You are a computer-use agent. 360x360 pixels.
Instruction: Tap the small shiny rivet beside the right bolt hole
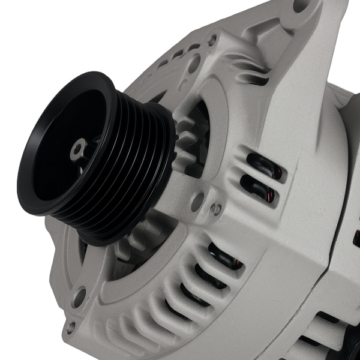tap(216, 209)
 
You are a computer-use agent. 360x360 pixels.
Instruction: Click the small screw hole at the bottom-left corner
tap(71, 328)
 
